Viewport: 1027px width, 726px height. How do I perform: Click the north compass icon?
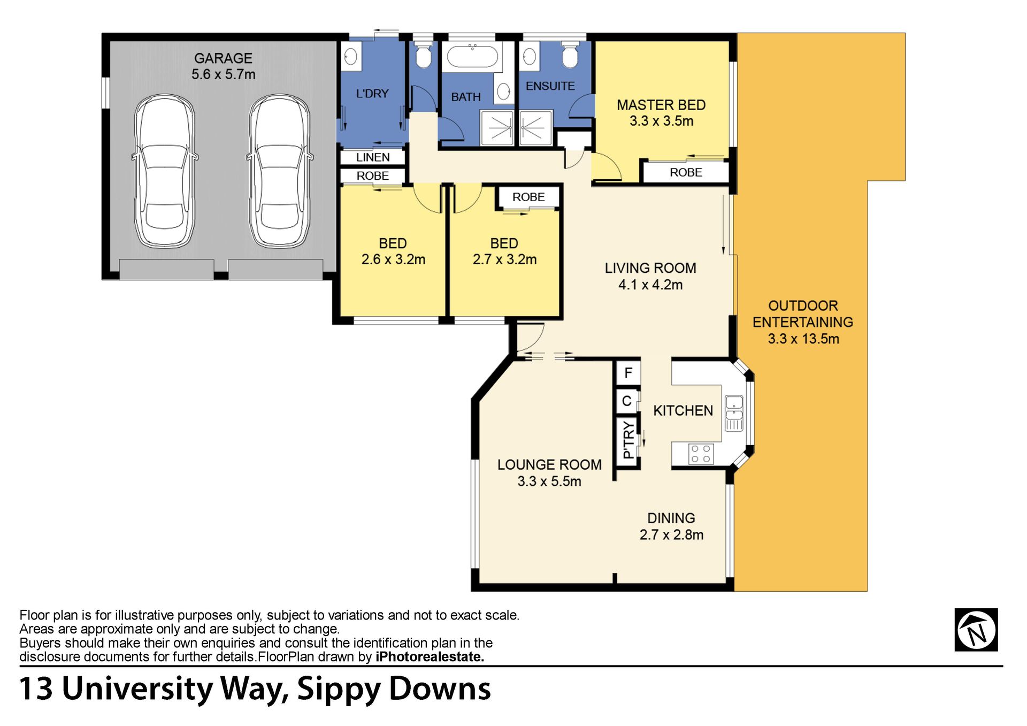pos(976,630)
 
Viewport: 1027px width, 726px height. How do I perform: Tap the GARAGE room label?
pos(223,58)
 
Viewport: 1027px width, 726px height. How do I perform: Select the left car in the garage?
pos(164,171)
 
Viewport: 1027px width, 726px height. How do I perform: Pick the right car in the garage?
pos(279,171)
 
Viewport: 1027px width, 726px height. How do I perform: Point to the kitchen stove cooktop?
pos(701,454)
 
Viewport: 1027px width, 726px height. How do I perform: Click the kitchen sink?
pos(734,414)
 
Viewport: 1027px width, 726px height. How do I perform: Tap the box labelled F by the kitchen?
pos(629,372)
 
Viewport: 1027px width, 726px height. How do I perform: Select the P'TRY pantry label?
pos(629,440)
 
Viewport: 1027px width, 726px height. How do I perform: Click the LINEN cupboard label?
pos(373,157)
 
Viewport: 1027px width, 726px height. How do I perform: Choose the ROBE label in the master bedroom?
pos(686,172)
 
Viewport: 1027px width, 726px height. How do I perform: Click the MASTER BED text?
pos(661,105)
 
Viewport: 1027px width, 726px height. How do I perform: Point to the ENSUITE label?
pos(550,86)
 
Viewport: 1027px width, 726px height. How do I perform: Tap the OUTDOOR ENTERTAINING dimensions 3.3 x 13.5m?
pos(803,339)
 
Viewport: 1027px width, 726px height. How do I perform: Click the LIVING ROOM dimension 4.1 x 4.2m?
pos(650,285)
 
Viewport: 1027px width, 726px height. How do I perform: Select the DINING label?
pos(671,518)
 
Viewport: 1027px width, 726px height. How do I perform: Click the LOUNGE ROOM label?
pos(549,464)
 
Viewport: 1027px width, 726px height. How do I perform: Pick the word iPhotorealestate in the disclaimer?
pos(430,656)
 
